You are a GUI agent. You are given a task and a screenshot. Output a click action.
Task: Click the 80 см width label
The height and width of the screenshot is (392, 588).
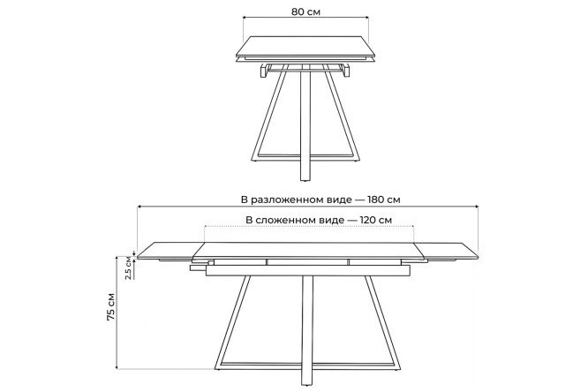pyautogui.click(x=305, y=11)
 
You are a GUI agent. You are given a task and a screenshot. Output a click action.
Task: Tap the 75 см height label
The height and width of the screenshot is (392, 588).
pyautogui.click(x=111, y=306)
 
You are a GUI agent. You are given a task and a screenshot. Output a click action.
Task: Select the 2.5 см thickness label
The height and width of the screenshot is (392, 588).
pyautogui.click(x=129, y=268)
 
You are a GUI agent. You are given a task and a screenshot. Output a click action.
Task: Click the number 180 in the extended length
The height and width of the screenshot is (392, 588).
pyautogui.click(x=376, y=200)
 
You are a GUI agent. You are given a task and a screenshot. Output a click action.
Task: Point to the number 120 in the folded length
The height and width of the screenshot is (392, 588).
pyautogui.click(x=368, y=220)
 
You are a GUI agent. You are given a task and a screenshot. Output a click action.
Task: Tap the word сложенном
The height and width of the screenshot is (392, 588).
pyautogui.click(x=299, y=220)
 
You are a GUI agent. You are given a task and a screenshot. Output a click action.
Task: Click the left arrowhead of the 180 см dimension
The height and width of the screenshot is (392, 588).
pyautogui.click(x=139, y=206)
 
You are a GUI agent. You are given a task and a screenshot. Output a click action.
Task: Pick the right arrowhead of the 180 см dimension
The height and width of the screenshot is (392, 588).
pyautogui.click(x=476, y=206)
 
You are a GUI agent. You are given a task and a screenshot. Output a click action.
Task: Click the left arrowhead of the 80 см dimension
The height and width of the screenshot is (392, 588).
pyautogui.click(x=245, y=17)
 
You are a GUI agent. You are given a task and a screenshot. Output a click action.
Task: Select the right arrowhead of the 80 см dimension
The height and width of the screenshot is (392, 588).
pyautogui.click(x=366, y=17)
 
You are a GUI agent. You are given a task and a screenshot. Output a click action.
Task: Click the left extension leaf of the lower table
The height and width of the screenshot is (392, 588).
pyautogui.click(x=167, y=251)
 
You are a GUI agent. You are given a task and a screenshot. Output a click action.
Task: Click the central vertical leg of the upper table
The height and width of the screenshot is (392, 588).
pyautogui.click(x=305, y=125)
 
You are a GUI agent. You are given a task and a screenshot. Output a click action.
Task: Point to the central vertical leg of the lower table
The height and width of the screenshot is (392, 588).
pyautogui.click(x=307, y=330)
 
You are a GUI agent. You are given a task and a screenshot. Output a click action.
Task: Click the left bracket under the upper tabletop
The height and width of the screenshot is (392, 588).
pyautogui.click(x=264, y=71)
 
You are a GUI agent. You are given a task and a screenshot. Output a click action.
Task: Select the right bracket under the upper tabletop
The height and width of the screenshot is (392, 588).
pyautogui.click(x=346, y=71)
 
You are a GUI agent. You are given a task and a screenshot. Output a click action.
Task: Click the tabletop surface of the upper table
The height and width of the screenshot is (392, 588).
pyautogui.click(x=305, y=47)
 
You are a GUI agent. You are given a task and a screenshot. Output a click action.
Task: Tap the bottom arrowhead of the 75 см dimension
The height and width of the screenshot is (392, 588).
pyautogui.click(x=117, y=368)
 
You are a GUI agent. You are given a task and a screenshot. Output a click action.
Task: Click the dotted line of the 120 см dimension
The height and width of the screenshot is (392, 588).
pyautogui.click(x=309, y=226)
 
